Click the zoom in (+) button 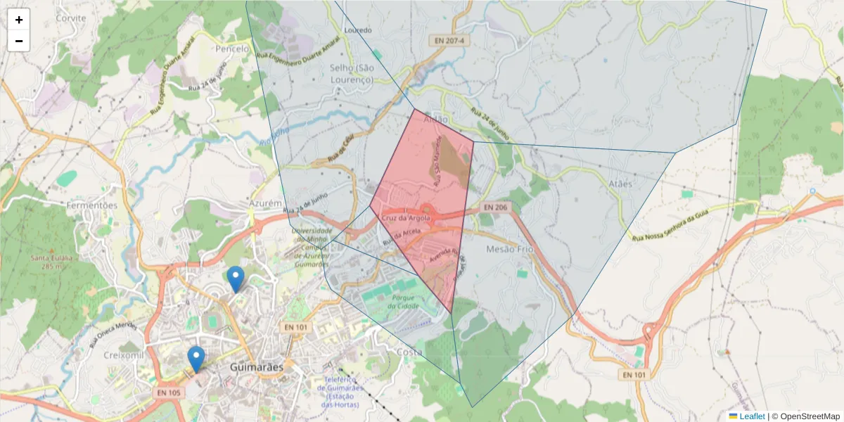19,20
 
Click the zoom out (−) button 19,41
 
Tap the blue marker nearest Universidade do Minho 236,279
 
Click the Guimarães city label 257,367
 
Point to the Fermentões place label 91,205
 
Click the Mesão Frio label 510,250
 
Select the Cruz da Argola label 405,219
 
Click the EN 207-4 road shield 449,41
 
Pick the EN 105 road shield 170,392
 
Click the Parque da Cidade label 402,301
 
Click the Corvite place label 70,18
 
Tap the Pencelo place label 232,49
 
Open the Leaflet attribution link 751,416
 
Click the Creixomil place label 123,355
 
